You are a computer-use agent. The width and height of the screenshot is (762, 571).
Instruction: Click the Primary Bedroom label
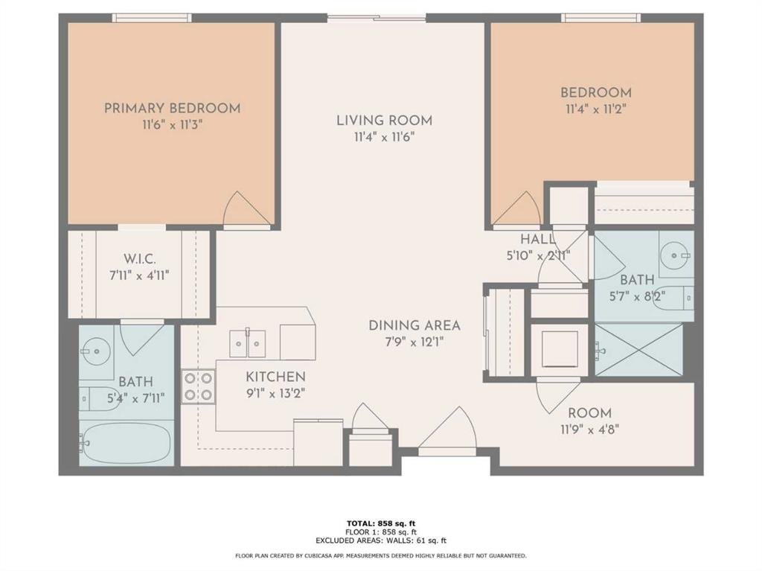pyautogui.click(x=173, y=108)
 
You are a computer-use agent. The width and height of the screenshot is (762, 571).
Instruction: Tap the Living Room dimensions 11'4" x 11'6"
pyautogui.click(x=384, y=138)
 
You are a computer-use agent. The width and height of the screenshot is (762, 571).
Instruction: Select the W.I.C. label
pyautogui.click(x=139, y=258)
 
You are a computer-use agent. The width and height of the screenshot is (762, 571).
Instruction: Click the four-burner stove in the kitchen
pyautogui.click(x=198, y=386)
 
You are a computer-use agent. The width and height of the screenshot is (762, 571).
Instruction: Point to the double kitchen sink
pyautogui.click(x=248, y=343)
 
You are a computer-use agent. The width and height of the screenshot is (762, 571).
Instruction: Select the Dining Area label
pyautogui.click(x=414, y=325)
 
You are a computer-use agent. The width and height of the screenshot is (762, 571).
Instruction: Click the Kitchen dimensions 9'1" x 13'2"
pyautogui.click(x=275, y=393)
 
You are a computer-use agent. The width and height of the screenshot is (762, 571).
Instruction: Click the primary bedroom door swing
pyautogui.click(x=246, y=208)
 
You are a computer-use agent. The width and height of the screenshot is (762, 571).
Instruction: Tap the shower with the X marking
pyautogui.click(x=639, y=349)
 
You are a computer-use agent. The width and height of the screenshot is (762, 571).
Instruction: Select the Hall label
pyautogui.click(x=537, y=239)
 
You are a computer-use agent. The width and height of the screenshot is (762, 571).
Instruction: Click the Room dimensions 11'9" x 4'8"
pyautogui.click(x=589, y=430)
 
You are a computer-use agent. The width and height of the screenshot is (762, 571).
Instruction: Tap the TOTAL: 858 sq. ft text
pyautogui.click(x=380, y=523)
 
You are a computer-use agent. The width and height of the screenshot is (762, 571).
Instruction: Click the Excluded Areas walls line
pyautogui.click(x=380, y=540)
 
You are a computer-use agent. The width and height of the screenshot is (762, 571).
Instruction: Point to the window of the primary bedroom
pyautogui.click(x=152, y=18)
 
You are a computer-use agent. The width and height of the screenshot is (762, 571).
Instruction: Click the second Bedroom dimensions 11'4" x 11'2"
pyautogui.click(x=596, y=109)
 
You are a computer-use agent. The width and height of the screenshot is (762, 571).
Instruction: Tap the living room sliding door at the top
pyautogui.click(x=377, y=18)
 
